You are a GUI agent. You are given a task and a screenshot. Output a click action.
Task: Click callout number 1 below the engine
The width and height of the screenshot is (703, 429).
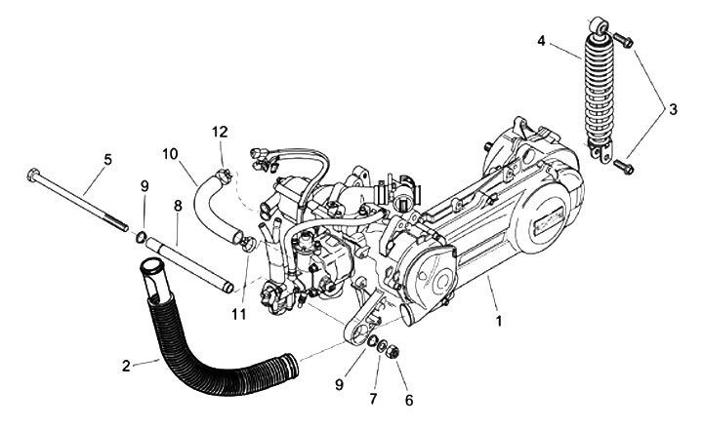pyautogui.click(x=499, y=321)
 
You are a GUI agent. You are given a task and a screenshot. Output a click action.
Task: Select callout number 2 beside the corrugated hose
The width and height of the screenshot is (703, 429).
pyautogui.click(x=126, y=366)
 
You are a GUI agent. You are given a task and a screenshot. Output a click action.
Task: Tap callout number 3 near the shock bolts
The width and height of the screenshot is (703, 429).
pyautogui.click(x=673, y=109)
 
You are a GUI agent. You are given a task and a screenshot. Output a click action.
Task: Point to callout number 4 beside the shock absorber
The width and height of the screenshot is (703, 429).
pyautogui.click(x=542, y=41)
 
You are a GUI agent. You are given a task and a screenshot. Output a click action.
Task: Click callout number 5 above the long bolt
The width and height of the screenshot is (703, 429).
pyautogui.click(x=107, y=160)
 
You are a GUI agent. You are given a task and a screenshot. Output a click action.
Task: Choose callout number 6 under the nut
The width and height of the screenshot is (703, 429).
pyautogui.click(x=409, y=400)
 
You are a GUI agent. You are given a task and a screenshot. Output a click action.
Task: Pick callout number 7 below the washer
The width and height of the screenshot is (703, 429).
pyautogui.click(x=373, y=398)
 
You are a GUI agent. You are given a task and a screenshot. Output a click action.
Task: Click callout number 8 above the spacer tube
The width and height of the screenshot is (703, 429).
pyautogui.click(x=178, y=206)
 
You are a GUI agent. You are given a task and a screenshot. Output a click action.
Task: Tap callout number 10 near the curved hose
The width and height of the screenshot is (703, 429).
pyautogui.click(x=170, y=154)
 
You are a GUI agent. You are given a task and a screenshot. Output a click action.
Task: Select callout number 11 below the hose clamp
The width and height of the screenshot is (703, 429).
pyautogui.click(x=239, y=315)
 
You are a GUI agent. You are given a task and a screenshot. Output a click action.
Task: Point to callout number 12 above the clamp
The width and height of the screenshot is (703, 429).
pyautogui.click(x=220, y=132)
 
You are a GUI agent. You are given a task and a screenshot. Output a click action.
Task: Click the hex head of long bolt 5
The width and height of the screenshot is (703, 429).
pyautogui.click(x=33, y=175)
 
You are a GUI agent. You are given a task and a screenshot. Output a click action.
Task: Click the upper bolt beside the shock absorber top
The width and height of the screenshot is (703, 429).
pyautogui.click(x=623, y=40)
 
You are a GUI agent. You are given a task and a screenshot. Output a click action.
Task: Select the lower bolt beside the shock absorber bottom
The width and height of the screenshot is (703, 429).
pyautogui.click(x=623, y=167)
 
